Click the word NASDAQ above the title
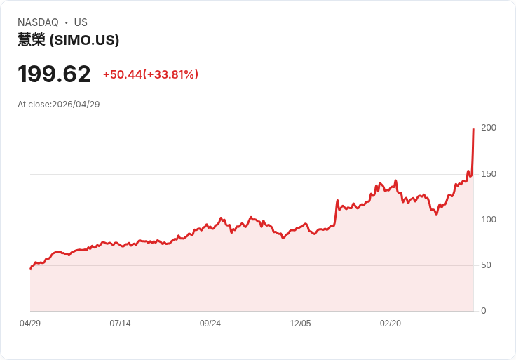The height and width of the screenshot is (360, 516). pos(38,22)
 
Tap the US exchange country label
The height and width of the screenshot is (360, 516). pos(81,22)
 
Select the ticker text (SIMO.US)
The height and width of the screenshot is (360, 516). pos(84,40)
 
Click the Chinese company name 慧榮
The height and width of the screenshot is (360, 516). pos(32,40)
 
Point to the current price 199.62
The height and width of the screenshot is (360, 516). pos(54,74)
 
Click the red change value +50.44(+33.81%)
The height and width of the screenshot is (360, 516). pos(151,74)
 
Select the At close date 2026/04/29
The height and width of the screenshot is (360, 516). pos(76,105)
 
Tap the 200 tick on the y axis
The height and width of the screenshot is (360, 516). pos(489,128)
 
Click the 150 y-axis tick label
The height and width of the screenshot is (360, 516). pos(489,174)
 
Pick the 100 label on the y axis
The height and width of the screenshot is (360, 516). pos(489,220)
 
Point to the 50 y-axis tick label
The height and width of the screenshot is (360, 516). pos(486,265)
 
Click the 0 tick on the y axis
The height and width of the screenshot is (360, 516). pos(484,311)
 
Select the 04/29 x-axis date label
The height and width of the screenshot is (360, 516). pos(30,324)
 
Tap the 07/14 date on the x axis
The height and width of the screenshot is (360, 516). pos(120,324)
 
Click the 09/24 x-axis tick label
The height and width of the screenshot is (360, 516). pos(210,324)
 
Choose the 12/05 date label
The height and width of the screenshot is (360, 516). pos(300,324)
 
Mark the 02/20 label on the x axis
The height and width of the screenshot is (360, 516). pos(391,324)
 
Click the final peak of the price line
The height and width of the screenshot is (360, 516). pos(473,129)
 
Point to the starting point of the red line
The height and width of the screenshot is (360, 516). pos(31,269)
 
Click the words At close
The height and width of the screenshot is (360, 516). pos(34,105)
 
